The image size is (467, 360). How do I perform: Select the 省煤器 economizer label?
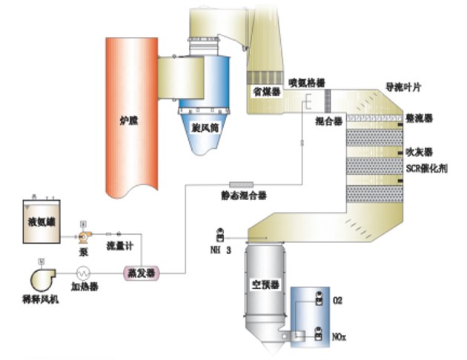pos(265,92)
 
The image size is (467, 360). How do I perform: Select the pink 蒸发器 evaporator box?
pos(141,273)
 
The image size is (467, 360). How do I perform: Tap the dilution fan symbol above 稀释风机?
pos(39,276)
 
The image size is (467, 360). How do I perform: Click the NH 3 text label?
pos(222,250)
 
